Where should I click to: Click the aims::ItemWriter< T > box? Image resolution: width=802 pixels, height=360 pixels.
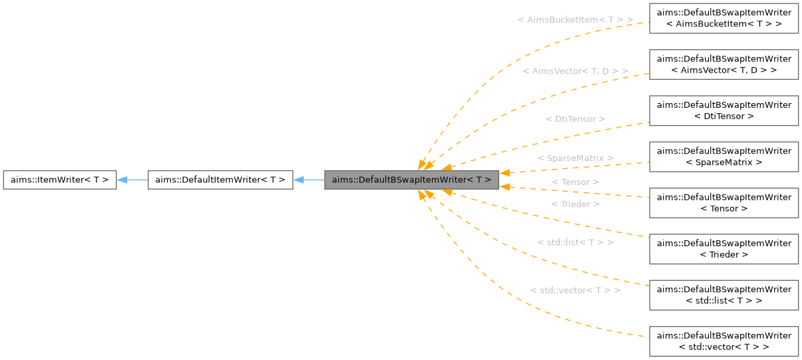(59, 180)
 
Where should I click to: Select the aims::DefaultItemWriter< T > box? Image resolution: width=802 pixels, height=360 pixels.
(220, 180)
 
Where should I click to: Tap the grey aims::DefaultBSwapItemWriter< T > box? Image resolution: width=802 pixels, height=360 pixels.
(411, 180)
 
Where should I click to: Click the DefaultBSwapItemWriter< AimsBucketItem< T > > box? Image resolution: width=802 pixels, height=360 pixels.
(723, 18)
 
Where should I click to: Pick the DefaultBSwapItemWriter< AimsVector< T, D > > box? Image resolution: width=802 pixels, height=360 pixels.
(723, 64)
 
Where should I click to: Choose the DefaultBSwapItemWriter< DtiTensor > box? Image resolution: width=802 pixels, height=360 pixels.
(723, 110)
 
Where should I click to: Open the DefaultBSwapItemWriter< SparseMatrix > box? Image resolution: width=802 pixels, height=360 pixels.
(723, 156)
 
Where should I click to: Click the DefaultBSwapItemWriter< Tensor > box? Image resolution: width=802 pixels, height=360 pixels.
(723, 203)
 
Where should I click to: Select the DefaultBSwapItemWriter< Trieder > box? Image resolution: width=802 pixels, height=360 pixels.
(723, 249)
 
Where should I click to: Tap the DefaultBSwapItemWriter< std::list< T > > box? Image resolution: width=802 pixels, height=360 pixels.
(723, 295)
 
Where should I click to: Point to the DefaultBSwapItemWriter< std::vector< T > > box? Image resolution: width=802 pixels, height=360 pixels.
(723, 341)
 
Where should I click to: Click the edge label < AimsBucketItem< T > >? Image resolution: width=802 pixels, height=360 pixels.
(575, 20)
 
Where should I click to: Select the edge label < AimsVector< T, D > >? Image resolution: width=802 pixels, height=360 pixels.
(575, 71)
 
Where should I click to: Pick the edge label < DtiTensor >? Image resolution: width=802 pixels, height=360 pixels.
(575, 119)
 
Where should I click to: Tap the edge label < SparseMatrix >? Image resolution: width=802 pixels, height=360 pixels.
(575, 158)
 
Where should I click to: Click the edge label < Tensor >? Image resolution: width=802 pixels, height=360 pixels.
(575, 182)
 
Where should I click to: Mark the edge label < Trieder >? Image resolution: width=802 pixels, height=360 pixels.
(575, 204)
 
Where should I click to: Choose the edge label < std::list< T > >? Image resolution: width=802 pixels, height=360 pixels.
(575, 242)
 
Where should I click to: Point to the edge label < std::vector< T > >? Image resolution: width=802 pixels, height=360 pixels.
(575, 291)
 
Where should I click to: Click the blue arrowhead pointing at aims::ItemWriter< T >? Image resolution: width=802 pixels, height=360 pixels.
(122, 180)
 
